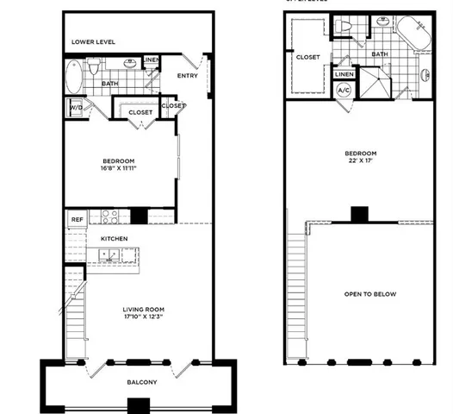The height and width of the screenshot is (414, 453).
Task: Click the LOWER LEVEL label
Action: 93,41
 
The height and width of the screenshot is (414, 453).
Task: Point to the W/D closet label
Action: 75,107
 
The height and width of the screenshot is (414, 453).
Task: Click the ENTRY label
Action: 187,75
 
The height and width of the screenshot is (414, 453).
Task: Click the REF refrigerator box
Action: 75,219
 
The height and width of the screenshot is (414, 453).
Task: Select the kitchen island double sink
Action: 111,254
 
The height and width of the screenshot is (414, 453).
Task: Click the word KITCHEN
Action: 115,237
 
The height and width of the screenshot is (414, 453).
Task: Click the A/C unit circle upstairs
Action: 343,91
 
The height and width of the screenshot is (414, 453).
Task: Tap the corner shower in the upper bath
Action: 375,84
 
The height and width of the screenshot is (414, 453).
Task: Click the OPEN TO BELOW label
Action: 369,294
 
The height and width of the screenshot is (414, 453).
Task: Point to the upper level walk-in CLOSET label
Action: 307,57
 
